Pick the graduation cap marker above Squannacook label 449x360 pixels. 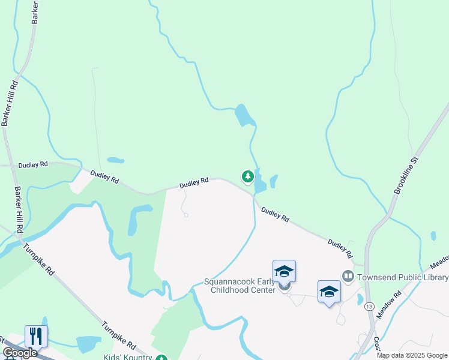coord(284,271)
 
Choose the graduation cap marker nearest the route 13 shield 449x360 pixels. coord(329,292)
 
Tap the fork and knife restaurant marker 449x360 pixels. coord(36,336)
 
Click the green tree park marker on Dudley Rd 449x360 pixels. coord(247,176)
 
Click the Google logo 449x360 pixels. coord(20,353)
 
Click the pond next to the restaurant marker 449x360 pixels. coord(89,344)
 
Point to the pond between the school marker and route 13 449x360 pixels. coord(360,299)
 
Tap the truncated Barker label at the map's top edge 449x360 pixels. coord(35,12)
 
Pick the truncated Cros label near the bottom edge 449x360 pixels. coord(376,344)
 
